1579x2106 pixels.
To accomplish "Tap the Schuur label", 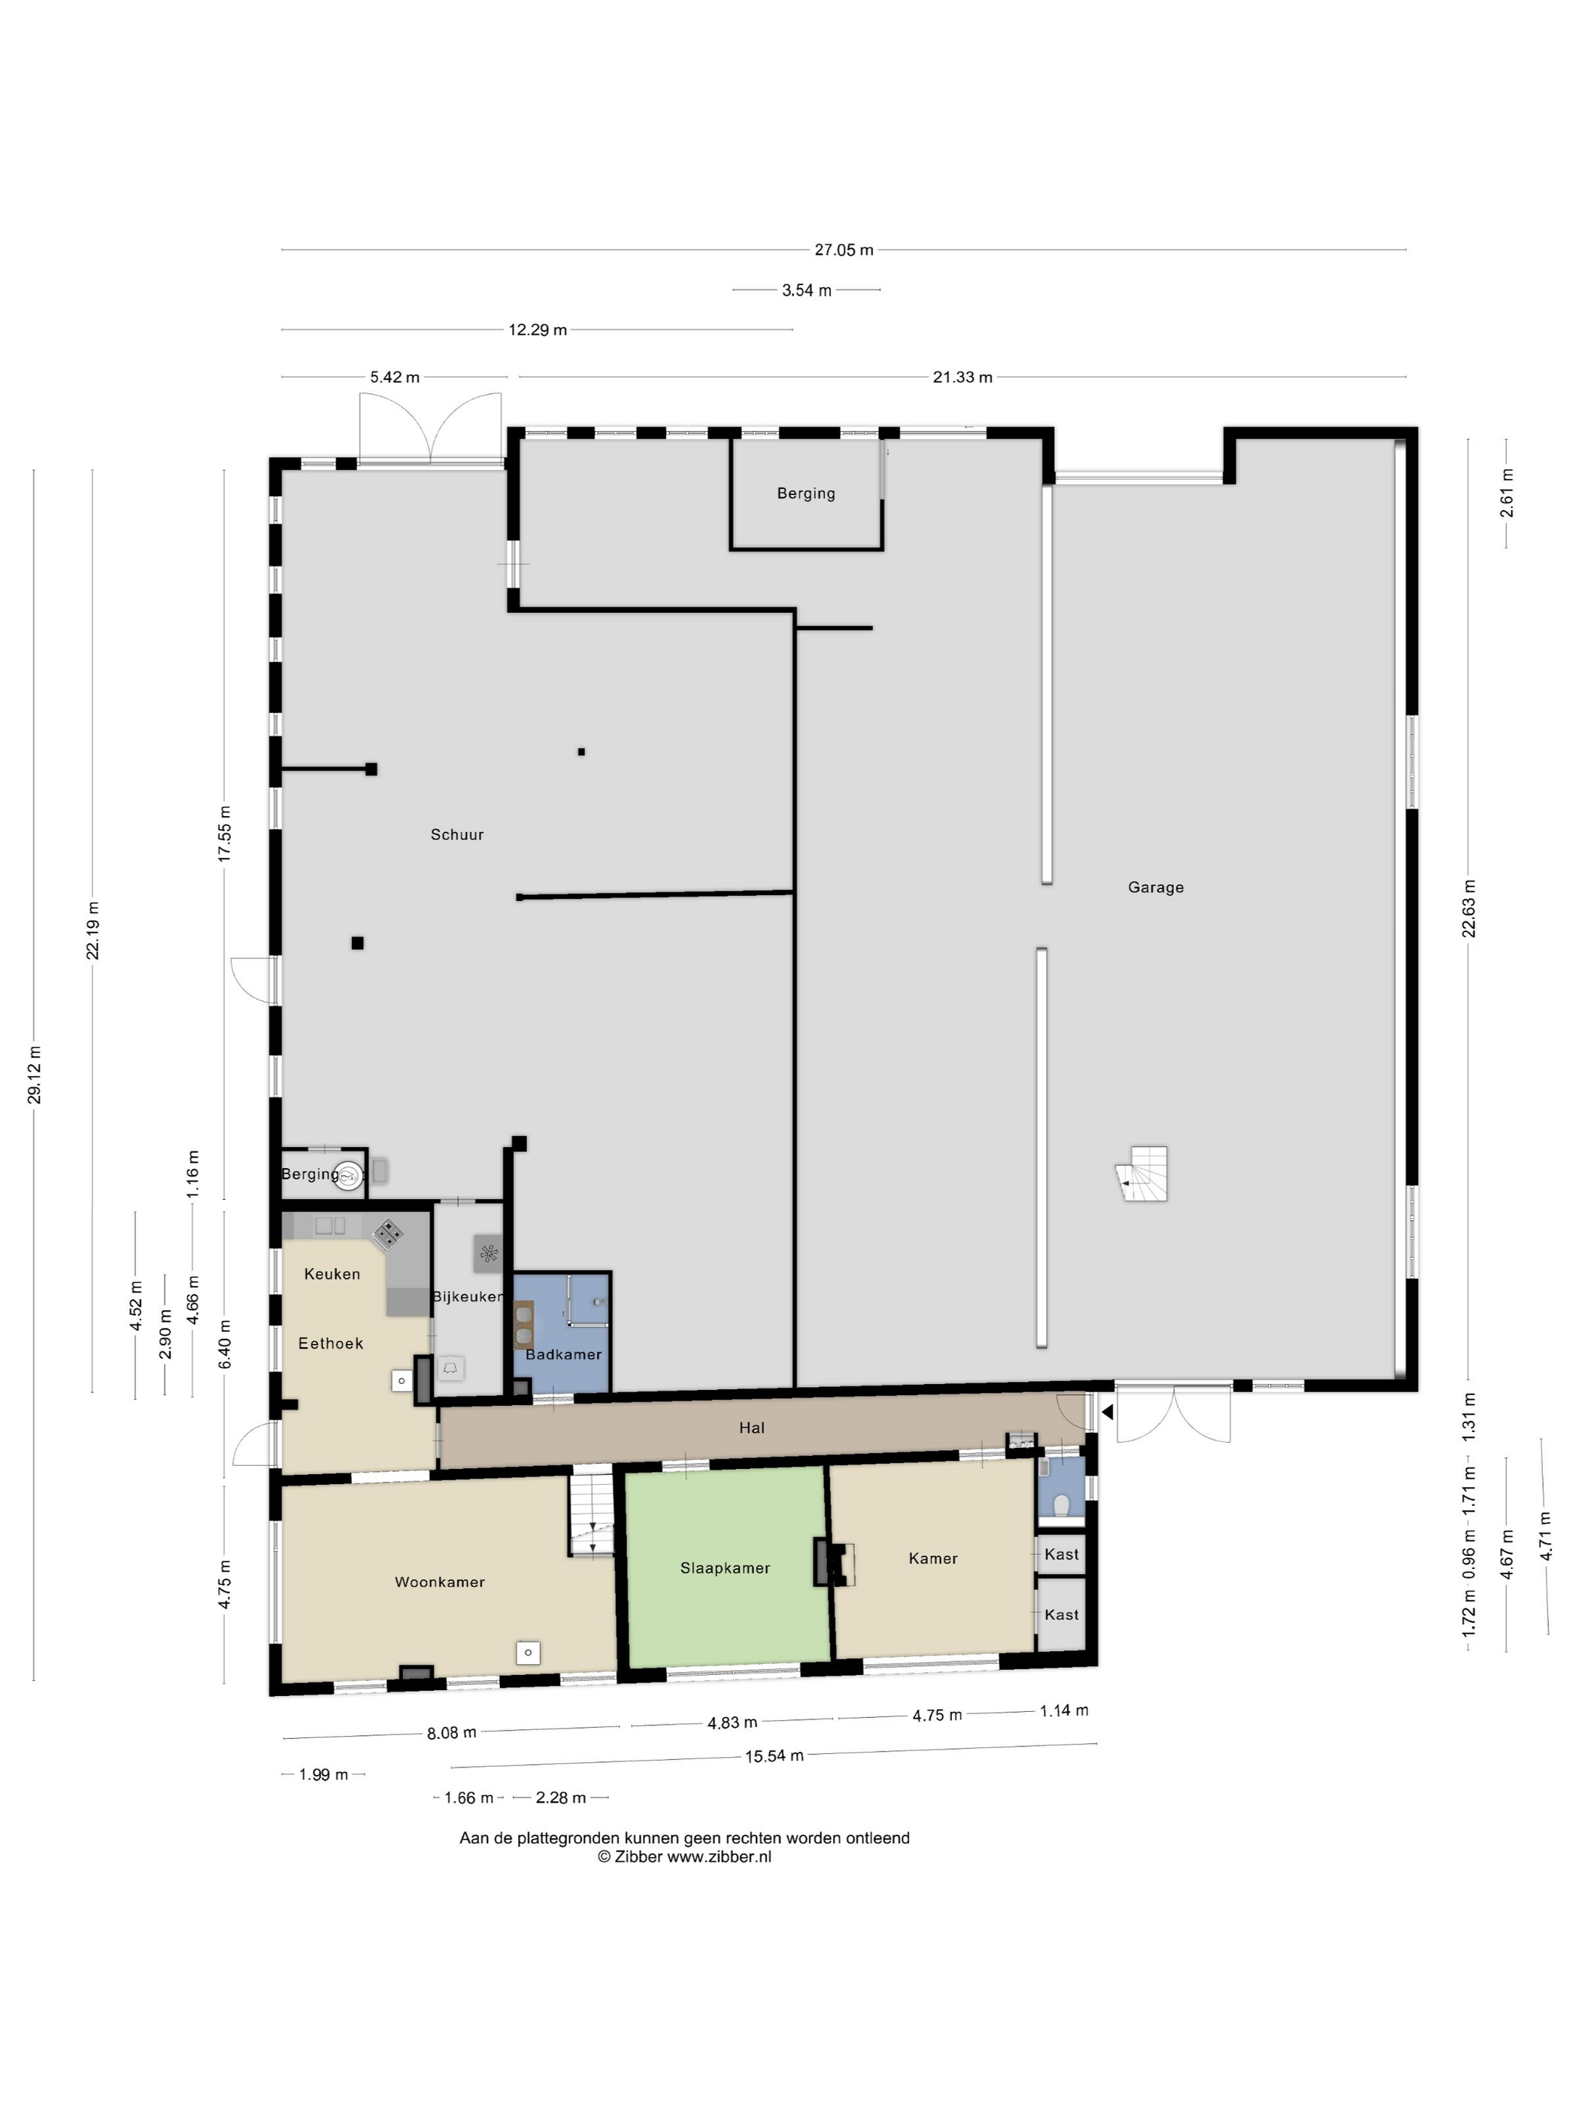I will [x=457, y=835].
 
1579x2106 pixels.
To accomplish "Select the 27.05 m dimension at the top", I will [x=844, y=250].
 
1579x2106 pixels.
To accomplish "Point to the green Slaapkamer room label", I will [x=724, y=1568].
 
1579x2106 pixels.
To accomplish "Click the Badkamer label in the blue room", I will [x=562, y=1354].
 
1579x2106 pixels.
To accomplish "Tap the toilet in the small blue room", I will [x=1061, y=1505].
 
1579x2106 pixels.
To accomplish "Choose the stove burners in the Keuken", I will [x=387, y=1235].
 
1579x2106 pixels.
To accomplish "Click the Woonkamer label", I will [x=440, y=1583].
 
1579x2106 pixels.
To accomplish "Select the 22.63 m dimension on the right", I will [x=1468, y=909].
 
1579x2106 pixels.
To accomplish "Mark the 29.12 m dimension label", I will [x=35, y=1075].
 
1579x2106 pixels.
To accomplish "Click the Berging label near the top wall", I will [x=805, y=493].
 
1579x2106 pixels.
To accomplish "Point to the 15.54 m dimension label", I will [x=773, y=1756].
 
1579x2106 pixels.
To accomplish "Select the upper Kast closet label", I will [x=1061, y=1555].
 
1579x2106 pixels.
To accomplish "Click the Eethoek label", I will [x=330, y=1343].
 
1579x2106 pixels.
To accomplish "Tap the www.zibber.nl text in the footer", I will [x=719, y=1856].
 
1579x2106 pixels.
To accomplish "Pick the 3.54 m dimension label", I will [x=806, y=290].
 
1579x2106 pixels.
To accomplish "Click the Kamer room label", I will [x=932, y=1558].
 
